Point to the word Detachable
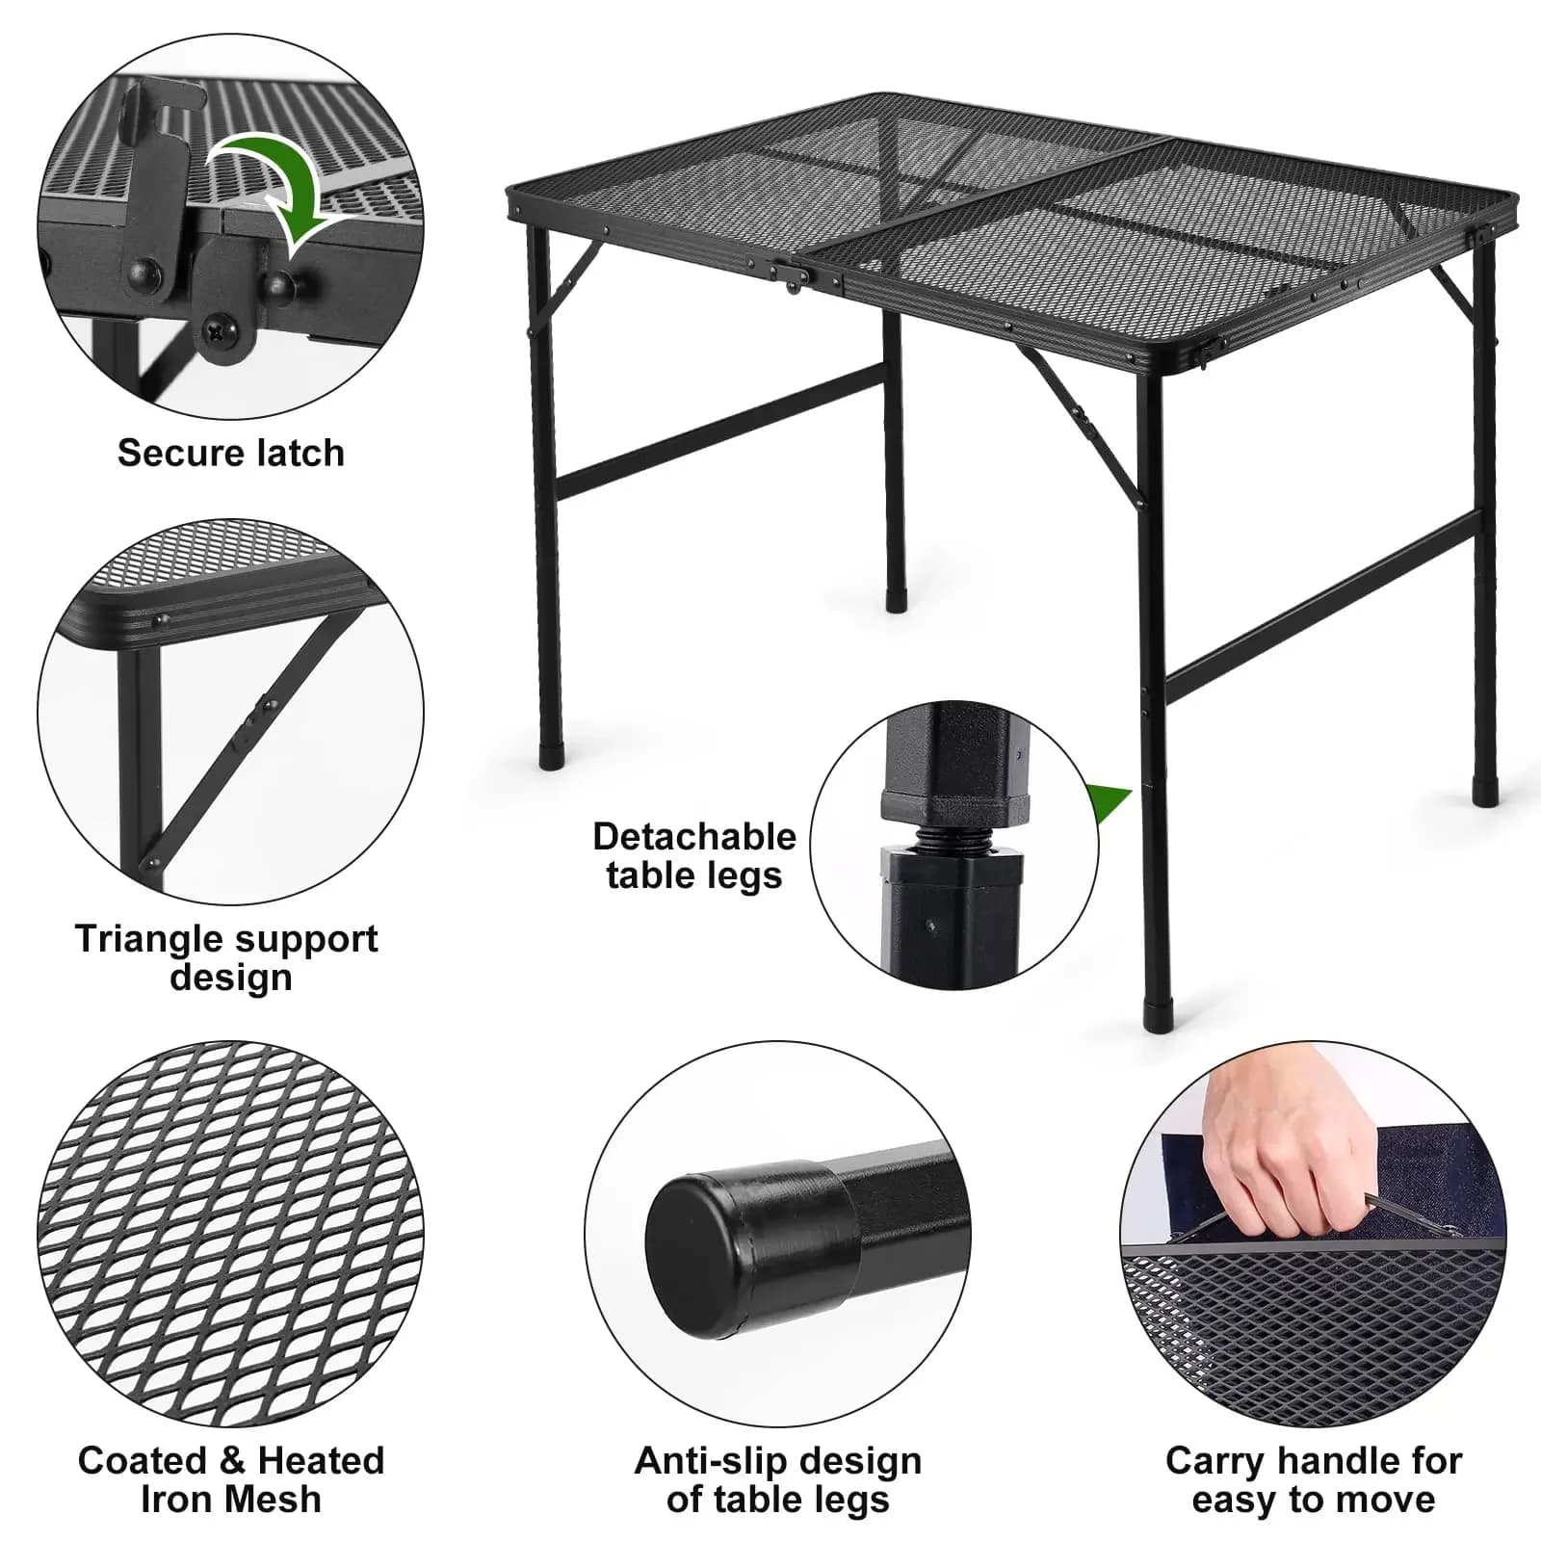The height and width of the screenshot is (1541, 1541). tap(694, 836)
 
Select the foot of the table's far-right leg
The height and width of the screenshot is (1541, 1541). tap(1487, 792)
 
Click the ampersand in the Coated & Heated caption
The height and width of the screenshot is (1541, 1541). tap(231, 1461)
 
